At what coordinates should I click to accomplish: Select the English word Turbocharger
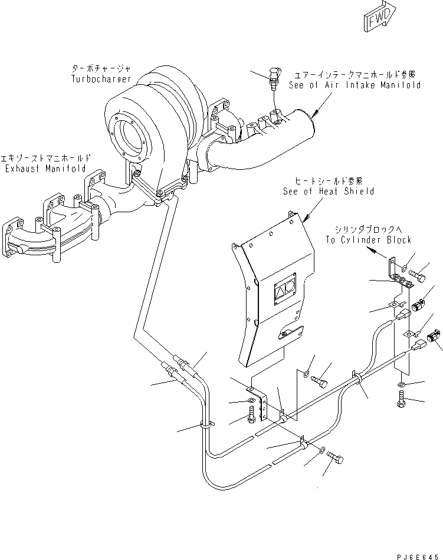click(x=101, y=78)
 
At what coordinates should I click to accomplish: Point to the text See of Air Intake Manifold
click(x=355, y=85)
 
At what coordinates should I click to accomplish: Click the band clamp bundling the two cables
click(x=357, y=378)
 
